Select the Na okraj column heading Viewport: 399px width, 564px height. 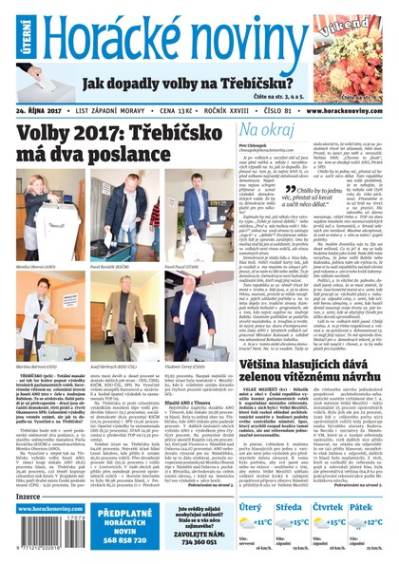click(271, 130)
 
